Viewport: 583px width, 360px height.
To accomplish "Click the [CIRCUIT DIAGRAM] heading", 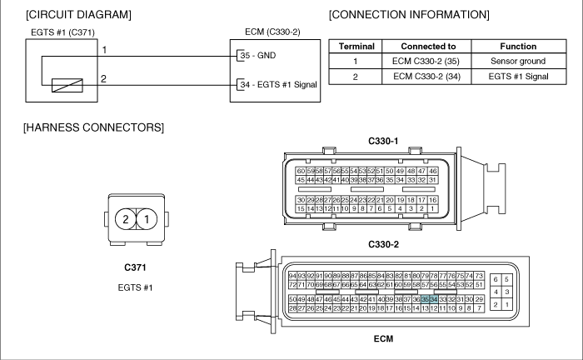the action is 78,14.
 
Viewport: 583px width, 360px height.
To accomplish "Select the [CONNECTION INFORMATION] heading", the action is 409,14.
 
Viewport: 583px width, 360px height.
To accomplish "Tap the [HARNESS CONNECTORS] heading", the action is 93,127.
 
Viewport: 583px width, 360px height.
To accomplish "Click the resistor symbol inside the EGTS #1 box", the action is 67,85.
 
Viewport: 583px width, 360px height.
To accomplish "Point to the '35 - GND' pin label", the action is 258,55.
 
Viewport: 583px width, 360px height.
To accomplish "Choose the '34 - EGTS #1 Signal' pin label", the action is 278,84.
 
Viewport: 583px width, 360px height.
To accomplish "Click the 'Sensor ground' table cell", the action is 518,61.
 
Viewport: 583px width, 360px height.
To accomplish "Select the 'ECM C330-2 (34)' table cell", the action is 426,77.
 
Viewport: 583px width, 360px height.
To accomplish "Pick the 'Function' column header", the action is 518,46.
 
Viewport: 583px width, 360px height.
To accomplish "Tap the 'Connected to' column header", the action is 428,46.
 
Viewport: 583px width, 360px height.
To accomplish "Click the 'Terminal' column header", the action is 356,46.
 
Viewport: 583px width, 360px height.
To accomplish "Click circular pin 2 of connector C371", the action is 126,219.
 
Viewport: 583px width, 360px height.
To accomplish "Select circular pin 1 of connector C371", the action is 147,219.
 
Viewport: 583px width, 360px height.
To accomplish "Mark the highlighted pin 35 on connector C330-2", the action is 425,299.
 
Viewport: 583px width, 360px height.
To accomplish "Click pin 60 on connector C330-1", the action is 301,171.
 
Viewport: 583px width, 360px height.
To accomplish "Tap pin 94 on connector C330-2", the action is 292,276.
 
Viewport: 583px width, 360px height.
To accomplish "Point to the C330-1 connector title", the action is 383,141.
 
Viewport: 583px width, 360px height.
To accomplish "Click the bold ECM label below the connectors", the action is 383,339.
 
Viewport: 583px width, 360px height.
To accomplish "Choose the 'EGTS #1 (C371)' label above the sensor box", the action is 62,32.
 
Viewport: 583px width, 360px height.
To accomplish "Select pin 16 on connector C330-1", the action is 432,200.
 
